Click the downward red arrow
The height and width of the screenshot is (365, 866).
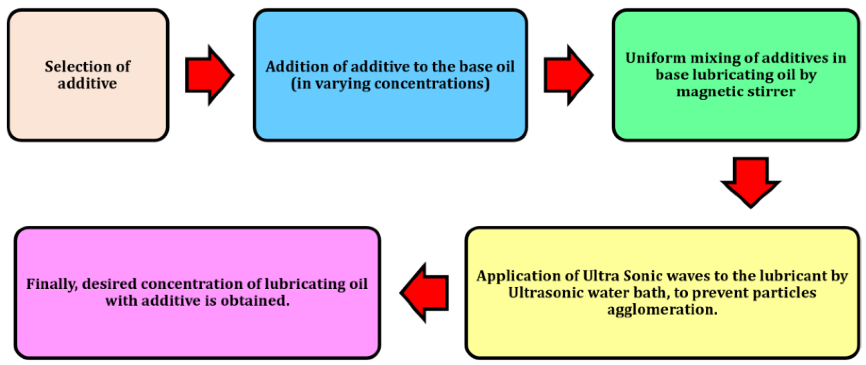(x=750, y=182)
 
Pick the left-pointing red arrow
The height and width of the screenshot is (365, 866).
(x=425, y=292)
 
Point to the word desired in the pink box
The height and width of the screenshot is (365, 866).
(x=109, y=284)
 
